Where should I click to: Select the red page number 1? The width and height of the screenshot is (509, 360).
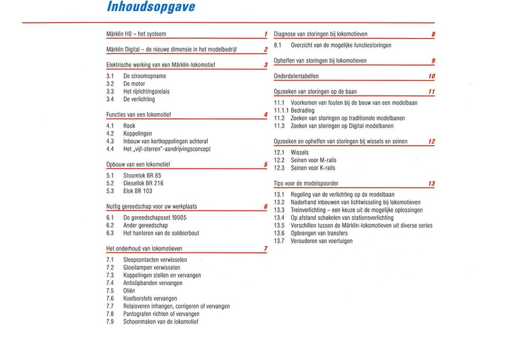click(x=265, y=34)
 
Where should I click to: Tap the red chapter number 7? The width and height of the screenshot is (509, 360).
click(x=265, y=248)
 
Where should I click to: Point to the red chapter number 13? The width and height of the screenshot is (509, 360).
click(x=431, y=184)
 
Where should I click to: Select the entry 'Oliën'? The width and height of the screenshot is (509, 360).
click(x=122, y=291)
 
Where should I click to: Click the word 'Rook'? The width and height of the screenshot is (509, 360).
click(x=121, y=126)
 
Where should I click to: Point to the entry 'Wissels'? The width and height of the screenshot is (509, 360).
click(x=300, y=153)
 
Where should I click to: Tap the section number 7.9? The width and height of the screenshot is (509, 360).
click(x=109, y=322)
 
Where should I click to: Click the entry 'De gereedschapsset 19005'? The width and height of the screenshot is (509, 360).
click(x=150, y=218)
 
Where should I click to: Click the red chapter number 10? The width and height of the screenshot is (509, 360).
click(x=431, y=77)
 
